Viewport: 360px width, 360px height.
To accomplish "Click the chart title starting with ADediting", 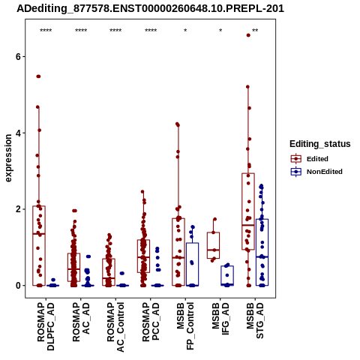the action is [150, 9].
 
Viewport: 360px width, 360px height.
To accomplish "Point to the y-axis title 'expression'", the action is [8, 158].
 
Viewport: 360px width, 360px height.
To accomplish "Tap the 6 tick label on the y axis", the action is [18, 57].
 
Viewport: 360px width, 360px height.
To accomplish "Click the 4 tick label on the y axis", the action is [18, 133].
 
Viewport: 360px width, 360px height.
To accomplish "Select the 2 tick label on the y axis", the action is [18, 209].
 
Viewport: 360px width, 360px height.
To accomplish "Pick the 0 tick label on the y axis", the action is [18, 286].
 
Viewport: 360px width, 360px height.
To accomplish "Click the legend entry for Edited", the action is [310, 159].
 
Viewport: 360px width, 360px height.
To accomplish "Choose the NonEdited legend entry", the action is [316, 172].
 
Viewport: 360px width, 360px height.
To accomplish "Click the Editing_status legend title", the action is [320, 144].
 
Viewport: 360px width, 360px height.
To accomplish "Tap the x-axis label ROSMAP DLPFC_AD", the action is [46, 326].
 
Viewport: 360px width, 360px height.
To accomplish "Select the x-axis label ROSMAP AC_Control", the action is [115, 327].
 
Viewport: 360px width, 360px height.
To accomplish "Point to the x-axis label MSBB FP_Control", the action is [185, 326].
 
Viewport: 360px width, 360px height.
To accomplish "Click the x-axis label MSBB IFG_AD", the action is [220, 319].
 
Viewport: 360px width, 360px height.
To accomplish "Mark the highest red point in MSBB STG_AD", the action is [248, 35].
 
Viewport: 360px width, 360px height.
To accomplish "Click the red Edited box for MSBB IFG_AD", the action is [213, 245].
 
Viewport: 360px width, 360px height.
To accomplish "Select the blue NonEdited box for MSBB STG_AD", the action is [262, 252].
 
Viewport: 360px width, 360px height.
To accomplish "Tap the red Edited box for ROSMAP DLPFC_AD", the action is [39, 246].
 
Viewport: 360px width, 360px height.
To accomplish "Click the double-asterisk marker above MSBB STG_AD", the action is [255, 31].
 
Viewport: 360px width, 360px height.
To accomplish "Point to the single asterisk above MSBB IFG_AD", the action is [220, 31].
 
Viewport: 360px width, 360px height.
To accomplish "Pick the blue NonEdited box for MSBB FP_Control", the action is [192, 264].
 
